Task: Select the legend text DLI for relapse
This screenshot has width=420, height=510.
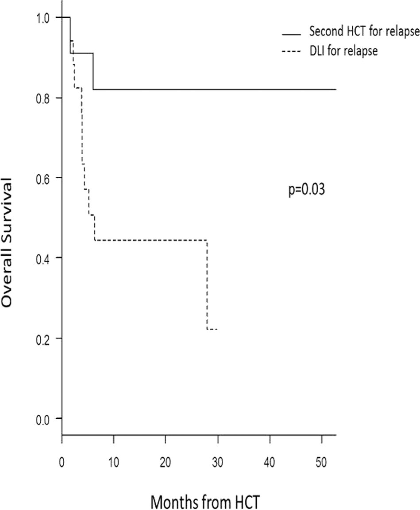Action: [343, 51]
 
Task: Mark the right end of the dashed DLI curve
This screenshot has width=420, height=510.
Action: [217, 329]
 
